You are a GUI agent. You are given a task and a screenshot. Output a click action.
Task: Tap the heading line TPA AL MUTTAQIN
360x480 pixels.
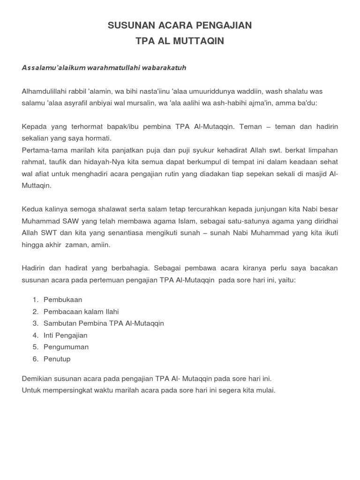click(180, 41)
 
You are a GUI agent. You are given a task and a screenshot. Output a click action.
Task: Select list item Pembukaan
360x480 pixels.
click(62, 300)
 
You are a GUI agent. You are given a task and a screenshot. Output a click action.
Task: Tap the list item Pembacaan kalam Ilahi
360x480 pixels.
click(81, 311)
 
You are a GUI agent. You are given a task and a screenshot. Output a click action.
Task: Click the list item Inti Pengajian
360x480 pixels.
click(65, 335)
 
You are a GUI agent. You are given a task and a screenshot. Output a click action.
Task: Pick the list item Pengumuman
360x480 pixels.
click(66, 347)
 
